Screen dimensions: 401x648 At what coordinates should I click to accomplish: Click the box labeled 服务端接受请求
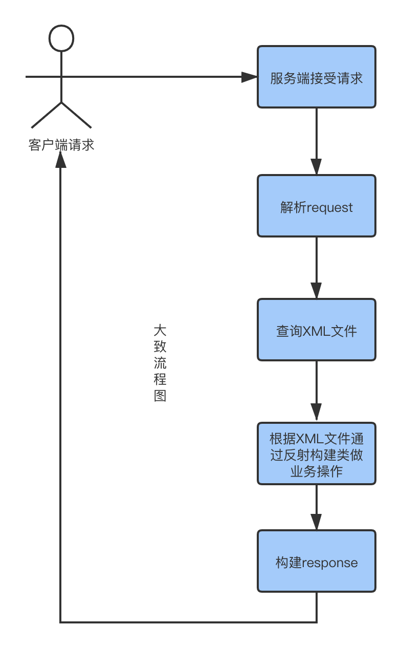click(x=316, y=77)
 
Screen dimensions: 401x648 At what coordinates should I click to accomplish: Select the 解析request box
click(x=316, y=206)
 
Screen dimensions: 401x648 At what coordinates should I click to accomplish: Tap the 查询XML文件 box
click(x=316, y=330)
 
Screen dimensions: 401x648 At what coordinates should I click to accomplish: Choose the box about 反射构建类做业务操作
click(x=316, y=453)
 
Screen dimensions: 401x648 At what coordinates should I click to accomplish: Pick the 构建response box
click(x=316, y=561)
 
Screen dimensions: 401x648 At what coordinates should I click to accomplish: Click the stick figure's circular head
click(x=61, y=38)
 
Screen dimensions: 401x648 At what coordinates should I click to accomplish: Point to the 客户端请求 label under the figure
click(x=61, y=145)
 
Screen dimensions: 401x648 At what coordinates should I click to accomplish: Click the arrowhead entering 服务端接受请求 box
click(x=249, y=77)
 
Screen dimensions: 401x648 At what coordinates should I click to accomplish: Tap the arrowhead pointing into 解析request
click(x=316, y=167)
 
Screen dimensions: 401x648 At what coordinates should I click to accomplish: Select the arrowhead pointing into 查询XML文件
click(x=316, y=290)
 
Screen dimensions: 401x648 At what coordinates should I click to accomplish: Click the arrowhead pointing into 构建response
click(x=316, y=522)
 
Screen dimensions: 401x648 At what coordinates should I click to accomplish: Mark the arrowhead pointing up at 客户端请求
click(x=61, y=160)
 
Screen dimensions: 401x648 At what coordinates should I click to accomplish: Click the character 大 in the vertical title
click(x=160, y=330)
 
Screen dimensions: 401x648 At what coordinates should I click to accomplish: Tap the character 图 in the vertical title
click(x=160, y=396)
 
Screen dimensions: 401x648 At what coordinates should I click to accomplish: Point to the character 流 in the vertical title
click(x=160, y=363)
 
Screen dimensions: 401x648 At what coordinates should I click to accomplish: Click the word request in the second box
click(x=329, y=208)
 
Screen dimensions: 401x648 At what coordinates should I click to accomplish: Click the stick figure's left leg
click(x=46, y=115)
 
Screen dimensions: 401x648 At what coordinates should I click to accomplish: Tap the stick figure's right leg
click(x=76, y=115)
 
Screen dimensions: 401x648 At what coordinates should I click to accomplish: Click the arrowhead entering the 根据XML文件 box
click(x=316, y=412)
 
